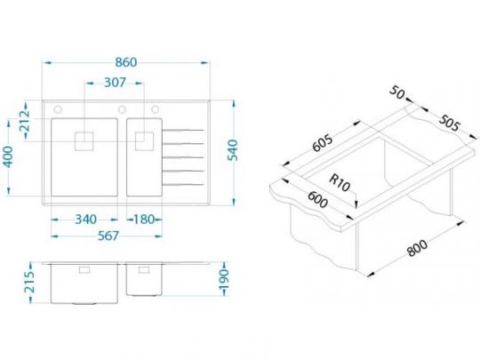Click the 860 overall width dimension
click(126, 62)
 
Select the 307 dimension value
click(115, 83)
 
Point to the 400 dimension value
click(8, 156)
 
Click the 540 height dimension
click(233, 150)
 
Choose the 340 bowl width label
click(85, 220)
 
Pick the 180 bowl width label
click(144, 220)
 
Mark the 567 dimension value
click(108, 236)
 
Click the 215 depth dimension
click(30, 283)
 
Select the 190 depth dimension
click(225, 280)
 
